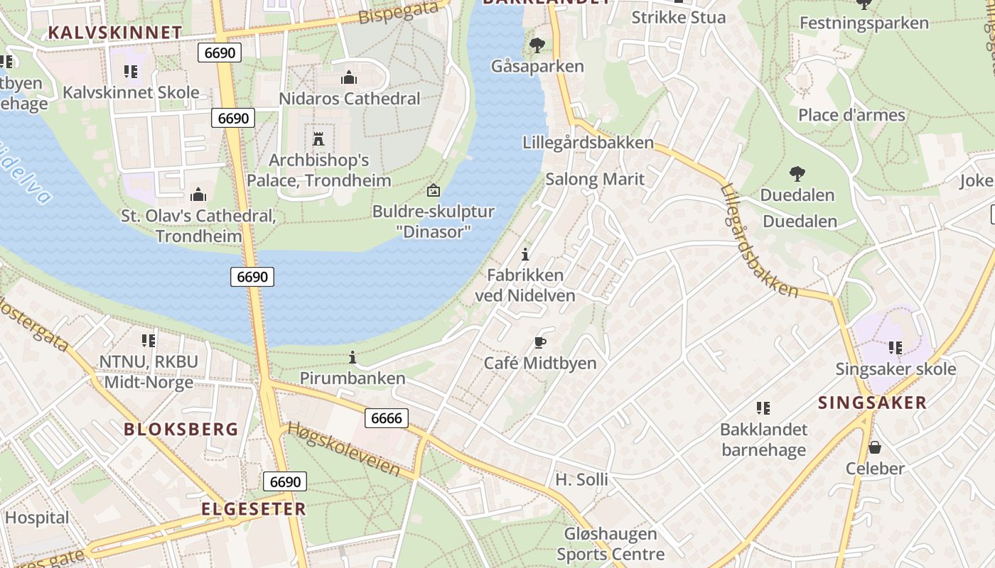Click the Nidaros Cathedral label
[x=349, y=99]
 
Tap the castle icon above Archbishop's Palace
[x=318, y=138]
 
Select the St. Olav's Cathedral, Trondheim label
[x=198, y=225]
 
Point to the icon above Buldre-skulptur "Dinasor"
[x=433, y=190]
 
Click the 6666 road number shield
[x=387, y=418]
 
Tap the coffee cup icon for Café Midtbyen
[x=540, y=343]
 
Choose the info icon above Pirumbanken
[x=353, y=357]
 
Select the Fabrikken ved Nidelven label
[x=525, y=285]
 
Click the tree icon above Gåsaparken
[x=537, y=46]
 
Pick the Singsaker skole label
[x=895, y=369]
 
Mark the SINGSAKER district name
[x=872, y=403]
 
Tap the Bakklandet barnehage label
[x=763, y=439]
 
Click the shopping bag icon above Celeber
[x=875, y=447]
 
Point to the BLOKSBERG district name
[x=181, y=429]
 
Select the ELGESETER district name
[x=253, y=508]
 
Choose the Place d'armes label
[x=851, y=115]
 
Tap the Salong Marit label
[x=595, y=179]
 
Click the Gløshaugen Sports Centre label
[x=611, y=544]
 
